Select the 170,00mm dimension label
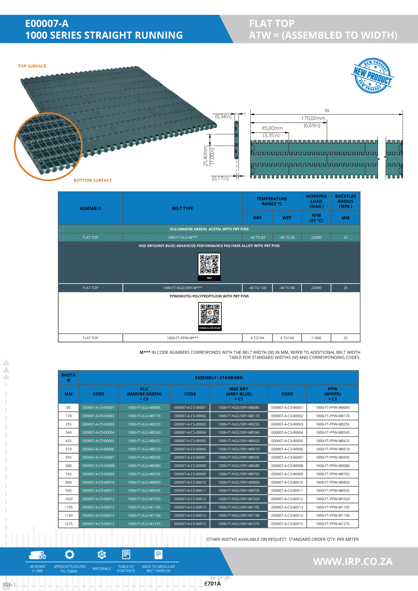coord(313,118)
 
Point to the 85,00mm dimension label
coord(272,128)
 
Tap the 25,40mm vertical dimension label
coord(206,156)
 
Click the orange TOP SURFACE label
coord(32,66)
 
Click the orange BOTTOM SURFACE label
coord(93,180)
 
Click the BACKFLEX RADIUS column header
coord(345,201)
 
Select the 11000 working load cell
coord(316,338)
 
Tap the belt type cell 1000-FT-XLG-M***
coord(182,237)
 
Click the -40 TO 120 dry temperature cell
coord(257,288)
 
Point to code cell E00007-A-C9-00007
coord(98,457)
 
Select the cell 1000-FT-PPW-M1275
coord(333,524)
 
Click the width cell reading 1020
coord(69,499)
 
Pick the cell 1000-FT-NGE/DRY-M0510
coord(239,449)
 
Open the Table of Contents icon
coord(126,555)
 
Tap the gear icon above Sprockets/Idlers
coord(70,555)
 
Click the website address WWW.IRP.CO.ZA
coord(353,562)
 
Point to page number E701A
coord(212,584)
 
